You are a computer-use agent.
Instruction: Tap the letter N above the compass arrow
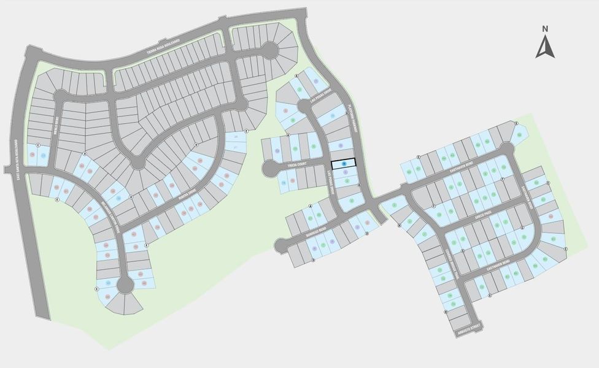pyautogui.click(x=545, y=28)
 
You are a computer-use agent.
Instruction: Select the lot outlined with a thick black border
pyautogui.click(x=344, y=164)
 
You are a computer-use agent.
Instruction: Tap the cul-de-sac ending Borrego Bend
pyautogui.click(x=281, y=245)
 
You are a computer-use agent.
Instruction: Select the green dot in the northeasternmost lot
pyautogui.click(x=519, y=135)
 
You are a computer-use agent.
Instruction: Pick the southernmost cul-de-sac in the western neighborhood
pyautogui.click(x=125, y=284)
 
